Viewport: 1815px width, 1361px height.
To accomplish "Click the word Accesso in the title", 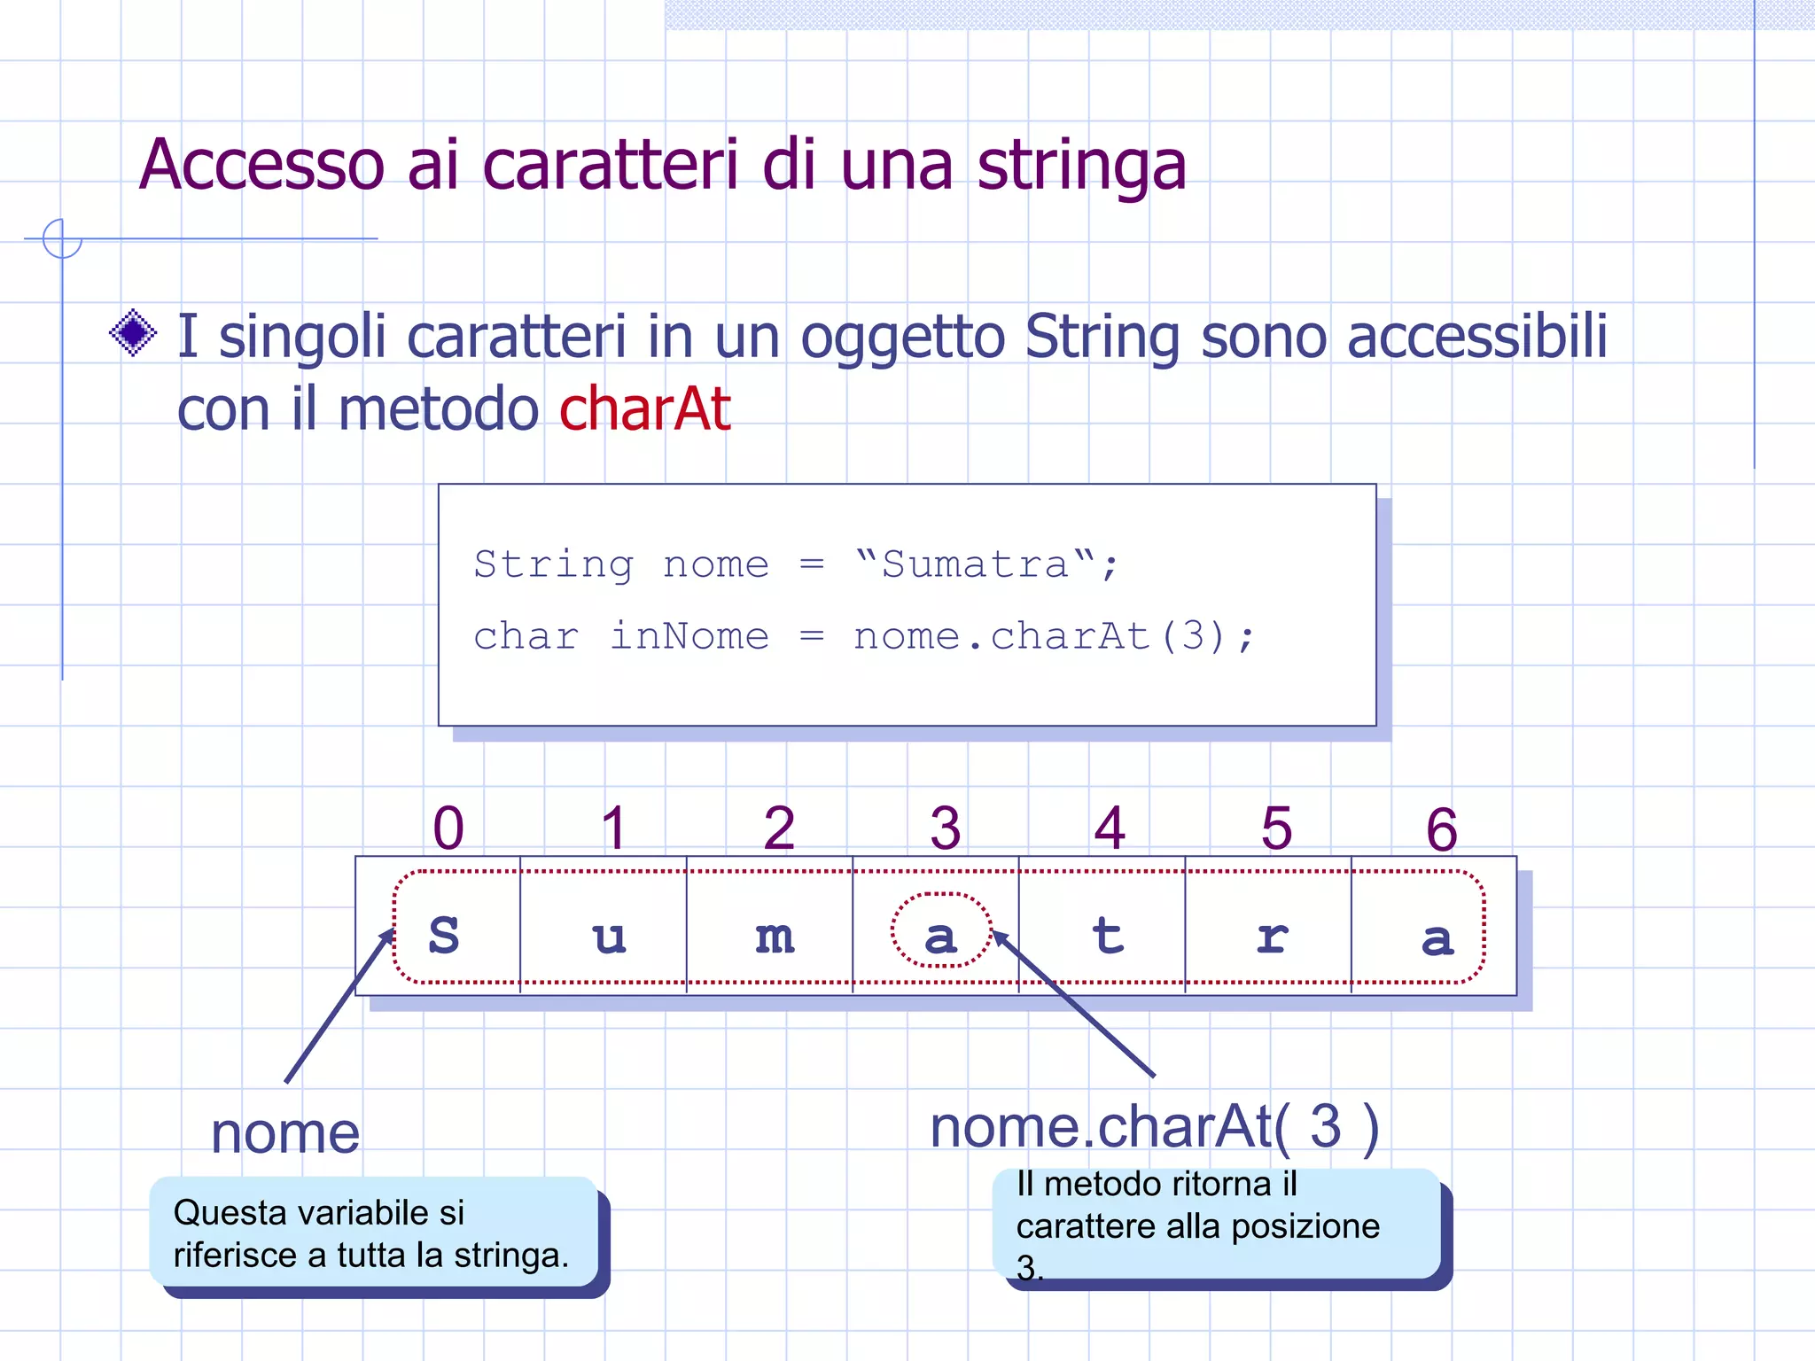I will pyautogui.click(x=262, y=166).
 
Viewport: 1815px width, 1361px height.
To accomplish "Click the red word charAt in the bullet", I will pyautogui.click(x=644, y=409).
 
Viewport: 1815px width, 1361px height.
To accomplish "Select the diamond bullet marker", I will pyautogui.click(x=133, y=333).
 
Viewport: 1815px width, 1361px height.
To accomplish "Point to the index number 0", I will pyautogui.click(x=448, y=828).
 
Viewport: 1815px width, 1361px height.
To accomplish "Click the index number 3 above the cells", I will pyautogui.click(x=946, y=828).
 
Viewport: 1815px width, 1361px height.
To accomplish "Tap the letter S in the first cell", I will pyautogui.click(x=444, y=935).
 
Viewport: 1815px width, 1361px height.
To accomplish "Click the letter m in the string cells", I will pyautogui.click(x=775, y=937).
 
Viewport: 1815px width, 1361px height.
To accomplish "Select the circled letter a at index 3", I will pyautogui.click(x=940, y=937).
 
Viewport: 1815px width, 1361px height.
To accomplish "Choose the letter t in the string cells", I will pyautogui.click(x=1108, y=935).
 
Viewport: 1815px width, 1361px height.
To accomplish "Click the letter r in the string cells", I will pyautogui.click(x=1273, y=937).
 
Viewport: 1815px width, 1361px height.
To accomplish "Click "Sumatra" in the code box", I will pyautogui.click(x=975, y=564).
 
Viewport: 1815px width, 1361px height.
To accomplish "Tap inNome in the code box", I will pyautogui.click(x=689, y=636).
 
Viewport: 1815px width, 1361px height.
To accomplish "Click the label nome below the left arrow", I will pyautogui.click(x=285, y=1133).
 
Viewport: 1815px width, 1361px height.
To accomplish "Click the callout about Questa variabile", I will pyautogui.click(x=372, y=1233).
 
